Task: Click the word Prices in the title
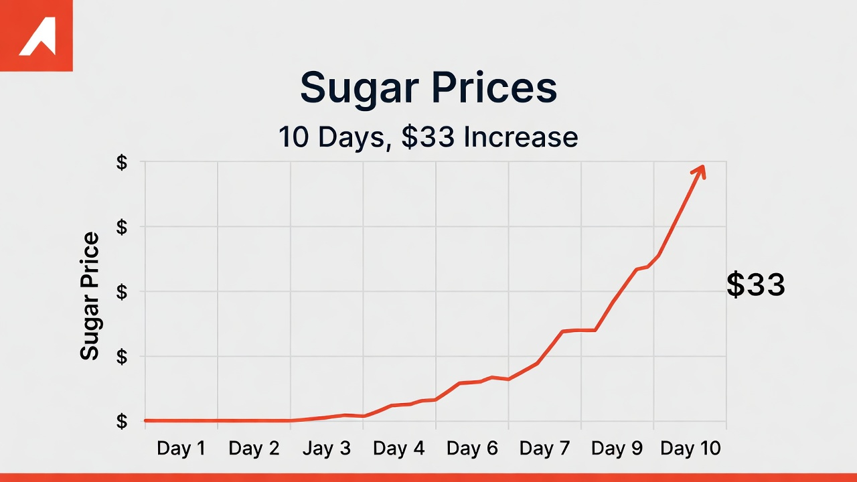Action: (494, 88)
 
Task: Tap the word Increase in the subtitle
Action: (520, 137)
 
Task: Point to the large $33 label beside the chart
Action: (756, 285)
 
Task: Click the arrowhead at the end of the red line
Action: (700, 170)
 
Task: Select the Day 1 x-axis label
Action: (181, 449)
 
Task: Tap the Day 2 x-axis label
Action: (254, 449)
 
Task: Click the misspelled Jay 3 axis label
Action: (326, 449)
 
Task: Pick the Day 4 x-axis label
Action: (399, 449)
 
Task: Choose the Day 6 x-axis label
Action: (472, 449)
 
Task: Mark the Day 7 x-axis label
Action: (544, 449)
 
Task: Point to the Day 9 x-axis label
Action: (617, 449)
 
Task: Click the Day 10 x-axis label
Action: (690, 449)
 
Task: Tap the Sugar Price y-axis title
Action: (90, 296)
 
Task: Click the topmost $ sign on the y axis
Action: (122, 163)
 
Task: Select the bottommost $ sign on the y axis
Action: (122, 421)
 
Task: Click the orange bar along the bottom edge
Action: (428, 477)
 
